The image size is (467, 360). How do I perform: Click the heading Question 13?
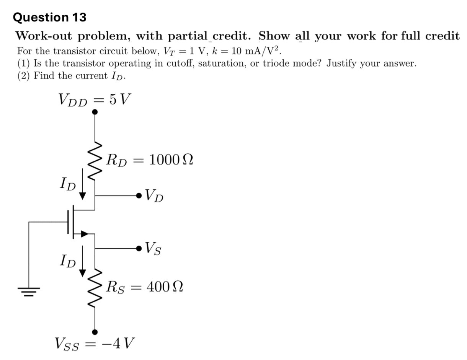[50, 17]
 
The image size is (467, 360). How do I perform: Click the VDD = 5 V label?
[94, 100]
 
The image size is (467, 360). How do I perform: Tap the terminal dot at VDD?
[95, 112]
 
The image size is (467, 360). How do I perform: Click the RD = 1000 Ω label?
[149, 159]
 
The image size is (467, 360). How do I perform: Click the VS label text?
[153, 249]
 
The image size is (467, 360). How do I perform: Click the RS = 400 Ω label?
[145, 287]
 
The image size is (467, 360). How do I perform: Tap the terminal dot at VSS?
[95, 332]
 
